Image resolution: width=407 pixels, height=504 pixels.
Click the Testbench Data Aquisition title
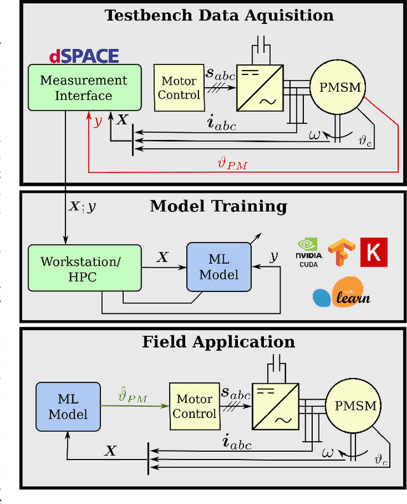pyautogui.click(x=219, y=15)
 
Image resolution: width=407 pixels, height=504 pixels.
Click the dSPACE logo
pyautogui.click(x=84, y=57)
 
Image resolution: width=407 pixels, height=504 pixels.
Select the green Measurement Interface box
pyautogui.click(x=83, y=88)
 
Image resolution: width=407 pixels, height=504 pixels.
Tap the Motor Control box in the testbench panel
pyautogui.click(x=179, y=88)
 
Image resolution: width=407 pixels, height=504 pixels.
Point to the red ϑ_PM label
pyautogui.click(x=232, y=164)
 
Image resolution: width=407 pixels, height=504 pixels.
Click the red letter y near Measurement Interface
pyautogui.click(x=97, y=121)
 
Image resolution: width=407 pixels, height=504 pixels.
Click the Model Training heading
pyautogui.click(x=218, y=206)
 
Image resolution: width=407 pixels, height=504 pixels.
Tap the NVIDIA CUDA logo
pyautogui.click(x=310, y=252)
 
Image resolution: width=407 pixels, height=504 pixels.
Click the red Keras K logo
pyautogui.click(x=373, y=251)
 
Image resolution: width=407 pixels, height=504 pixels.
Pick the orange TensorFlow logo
pyautogui.click(x=340, y=252)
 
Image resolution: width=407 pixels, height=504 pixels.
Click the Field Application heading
pyautogui.click(x=218, y=342)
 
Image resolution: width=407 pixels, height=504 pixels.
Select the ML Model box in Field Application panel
pyautogui.click(x=67, y=407)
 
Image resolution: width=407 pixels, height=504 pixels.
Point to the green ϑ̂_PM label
pyautogui.click(x=133, y=399)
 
